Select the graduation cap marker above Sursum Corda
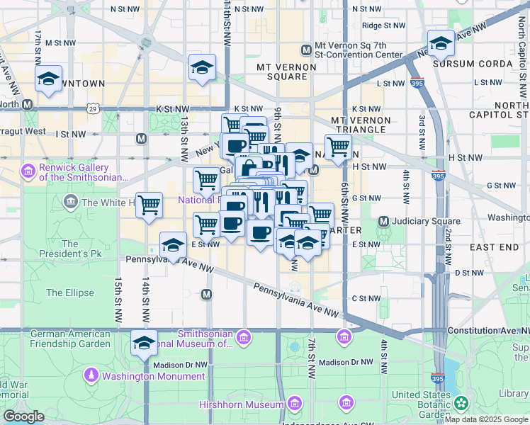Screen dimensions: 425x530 click(440, 44)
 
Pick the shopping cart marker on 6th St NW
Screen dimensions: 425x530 click(338, 147)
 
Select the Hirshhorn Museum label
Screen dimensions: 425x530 click(251, 404)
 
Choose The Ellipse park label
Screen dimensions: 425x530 click(70, 293)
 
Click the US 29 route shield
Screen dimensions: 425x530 click(93, 108)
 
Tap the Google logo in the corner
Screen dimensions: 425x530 click(23, 416)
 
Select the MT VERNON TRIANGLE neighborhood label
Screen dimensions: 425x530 click(360, 126)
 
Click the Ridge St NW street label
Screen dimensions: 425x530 click(383, 25)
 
